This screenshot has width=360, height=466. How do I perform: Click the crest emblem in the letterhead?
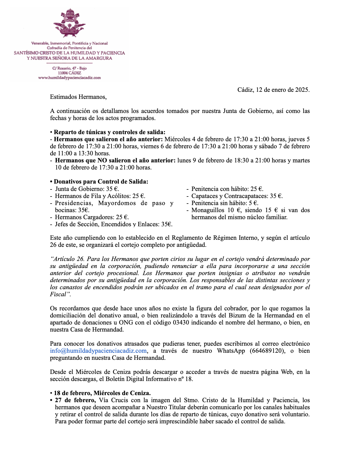click(69, 24)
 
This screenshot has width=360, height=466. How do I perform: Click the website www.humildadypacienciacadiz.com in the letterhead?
click(69, 78)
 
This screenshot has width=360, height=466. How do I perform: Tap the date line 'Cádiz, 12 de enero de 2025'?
click(273, 90)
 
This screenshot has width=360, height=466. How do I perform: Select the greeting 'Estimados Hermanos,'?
click(78, 97)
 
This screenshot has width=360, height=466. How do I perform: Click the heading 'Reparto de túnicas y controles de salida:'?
click(109, 132)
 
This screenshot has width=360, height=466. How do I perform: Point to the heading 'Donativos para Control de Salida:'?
click(101, 182)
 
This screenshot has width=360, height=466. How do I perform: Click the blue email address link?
click(99, 351)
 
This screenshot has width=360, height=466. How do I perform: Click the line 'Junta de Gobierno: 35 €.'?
click(87, 189)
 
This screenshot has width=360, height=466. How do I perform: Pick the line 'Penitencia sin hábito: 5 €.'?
click(225, 203)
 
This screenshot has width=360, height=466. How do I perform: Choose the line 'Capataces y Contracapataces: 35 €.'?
click(237, 196)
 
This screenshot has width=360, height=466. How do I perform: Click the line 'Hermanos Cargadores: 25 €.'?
click(92, 217)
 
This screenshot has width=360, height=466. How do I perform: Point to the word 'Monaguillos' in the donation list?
click(208, 210)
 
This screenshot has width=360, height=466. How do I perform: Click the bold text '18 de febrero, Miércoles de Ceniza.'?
click(102, 393)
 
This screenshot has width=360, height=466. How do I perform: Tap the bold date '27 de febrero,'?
click(75, 400)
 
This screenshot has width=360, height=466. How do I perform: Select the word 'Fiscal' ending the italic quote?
click(58, 294)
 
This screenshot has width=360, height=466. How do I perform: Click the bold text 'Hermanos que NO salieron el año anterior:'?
click(115, 161)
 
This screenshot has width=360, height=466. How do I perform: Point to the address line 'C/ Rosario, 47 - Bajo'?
click(69, 68)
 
